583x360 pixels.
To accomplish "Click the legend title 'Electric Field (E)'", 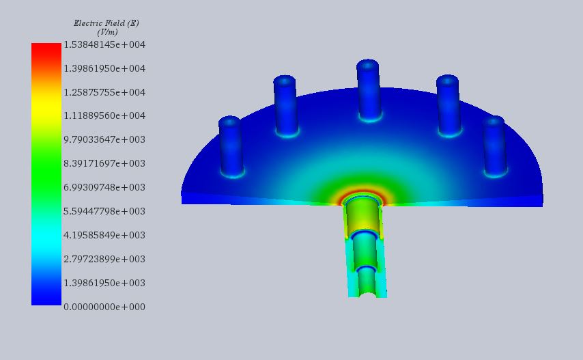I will click(106, 23).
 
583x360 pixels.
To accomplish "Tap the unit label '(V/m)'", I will click(107, 32).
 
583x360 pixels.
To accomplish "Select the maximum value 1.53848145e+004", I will click(104, 44).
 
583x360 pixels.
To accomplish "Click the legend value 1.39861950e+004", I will click(104, 68).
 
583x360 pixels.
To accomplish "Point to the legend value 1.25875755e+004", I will click(104, 92).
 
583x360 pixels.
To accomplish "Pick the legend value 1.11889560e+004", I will click(104, 116).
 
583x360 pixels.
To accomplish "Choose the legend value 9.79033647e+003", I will click(104, 139).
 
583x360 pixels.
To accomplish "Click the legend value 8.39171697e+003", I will click(104, 163).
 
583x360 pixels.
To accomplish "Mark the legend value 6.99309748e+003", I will click(104, 187).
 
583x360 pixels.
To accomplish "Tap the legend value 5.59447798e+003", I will click(104, 211).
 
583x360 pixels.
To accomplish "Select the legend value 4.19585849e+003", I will click(104, 235).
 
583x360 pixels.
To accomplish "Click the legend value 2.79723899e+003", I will click(104, 259).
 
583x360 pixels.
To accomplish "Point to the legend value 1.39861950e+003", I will click(104, 283).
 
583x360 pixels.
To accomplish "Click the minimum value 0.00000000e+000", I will click(104, 307).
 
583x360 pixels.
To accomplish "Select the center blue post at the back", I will click(367, 89).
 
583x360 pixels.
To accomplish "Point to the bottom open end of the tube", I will click(367, 292).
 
